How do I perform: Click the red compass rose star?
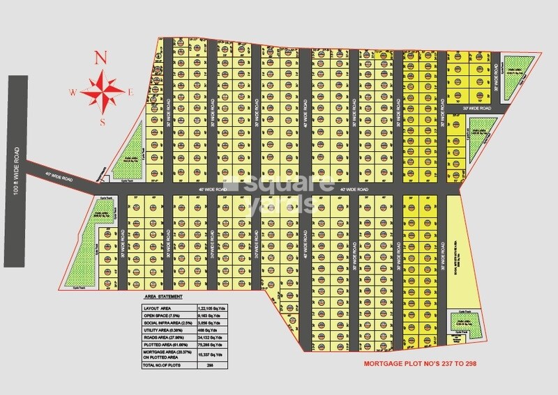point(102,90)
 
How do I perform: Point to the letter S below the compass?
point(102,123)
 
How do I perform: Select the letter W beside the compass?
point(72,91)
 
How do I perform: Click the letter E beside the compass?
point(130,91)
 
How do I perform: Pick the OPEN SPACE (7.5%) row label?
point(162,316)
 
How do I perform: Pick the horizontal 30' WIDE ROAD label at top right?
point(478,108)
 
